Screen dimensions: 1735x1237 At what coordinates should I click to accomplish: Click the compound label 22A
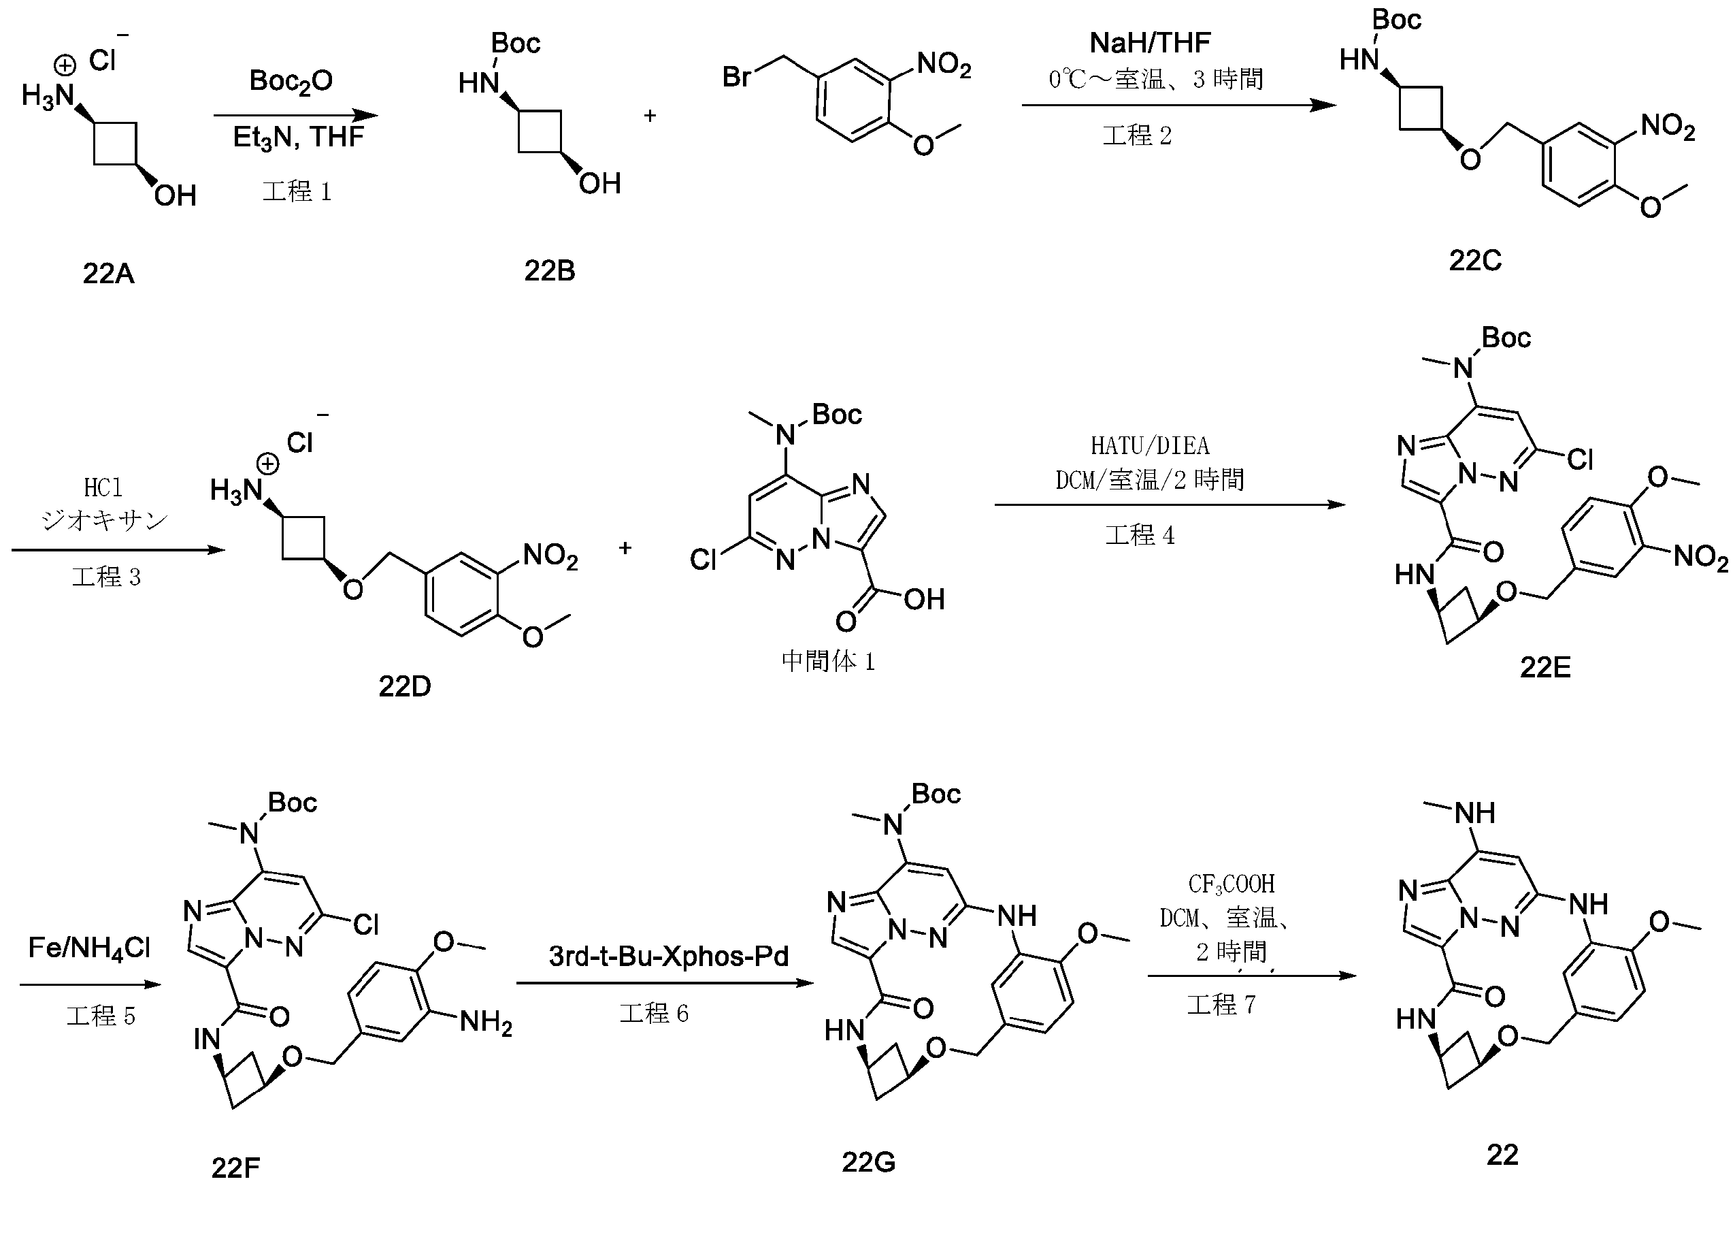(109, 273)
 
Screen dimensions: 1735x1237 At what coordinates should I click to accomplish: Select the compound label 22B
(549, 270)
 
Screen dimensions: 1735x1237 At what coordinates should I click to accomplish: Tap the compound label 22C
(1474, 261)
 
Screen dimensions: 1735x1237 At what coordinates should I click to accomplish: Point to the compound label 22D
(404, 686)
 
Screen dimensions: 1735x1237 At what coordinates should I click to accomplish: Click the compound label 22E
(1544, 667)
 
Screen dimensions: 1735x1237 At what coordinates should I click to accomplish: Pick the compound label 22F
(235, 1167)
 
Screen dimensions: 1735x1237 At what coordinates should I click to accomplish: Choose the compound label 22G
(868, 1161)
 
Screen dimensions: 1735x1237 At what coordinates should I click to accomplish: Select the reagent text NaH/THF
(1150, 43)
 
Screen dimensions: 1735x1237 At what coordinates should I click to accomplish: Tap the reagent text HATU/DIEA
(1150, 445)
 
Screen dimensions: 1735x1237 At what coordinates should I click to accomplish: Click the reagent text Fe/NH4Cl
(89, 948)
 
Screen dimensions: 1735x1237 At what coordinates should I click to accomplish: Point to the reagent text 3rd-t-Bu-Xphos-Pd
(668, 956)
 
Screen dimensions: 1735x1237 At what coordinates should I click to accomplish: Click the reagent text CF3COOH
(1231, 884)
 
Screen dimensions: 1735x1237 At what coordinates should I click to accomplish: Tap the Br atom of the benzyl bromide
(736, 76)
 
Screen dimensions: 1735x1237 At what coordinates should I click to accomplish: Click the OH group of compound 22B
(600, 184)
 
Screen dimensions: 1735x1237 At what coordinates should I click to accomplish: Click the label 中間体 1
(828, 660)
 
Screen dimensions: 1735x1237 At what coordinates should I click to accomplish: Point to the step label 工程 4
(1140, 536)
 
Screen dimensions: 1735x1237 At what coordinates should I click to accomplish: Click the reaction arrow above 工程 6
(665, 982)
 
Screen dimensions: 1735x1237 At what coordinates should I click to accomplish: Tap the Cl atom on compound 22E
(1580, 460)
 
